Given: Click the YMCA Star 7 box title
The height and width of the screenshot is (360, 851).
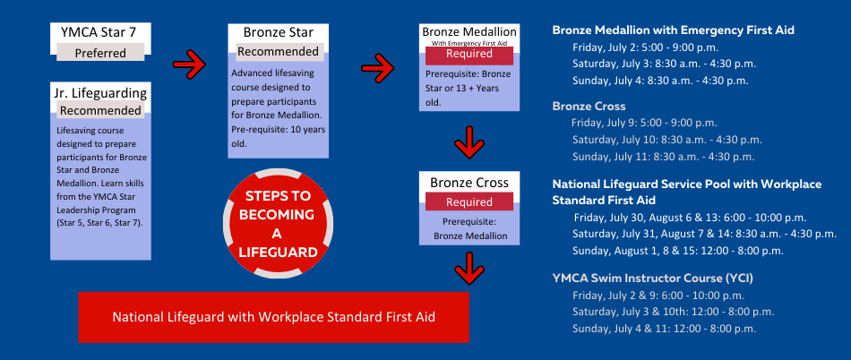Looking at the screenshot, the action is (x=99, y=32).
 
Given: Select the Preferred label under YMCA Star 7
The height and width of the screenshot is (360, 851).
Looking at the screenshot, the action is (x=100, y=53).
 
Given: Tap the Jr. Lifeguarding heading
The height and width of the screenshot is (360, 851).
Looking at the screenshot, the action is (x=100, y=93).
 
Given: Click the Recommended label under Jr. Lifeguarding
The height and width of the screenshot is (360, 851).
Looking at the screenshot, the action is (x=100, y=111).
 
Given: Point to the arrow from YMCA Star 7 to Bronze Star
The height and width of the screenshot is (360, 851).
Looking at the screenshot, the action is (x=189, y=64).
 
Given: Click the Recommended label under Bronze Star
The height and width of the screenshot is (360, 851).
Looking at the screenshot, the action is (x=279, y=52).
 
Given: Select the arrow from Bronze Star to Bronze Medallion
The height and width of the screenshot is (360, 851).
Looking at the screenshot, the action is (x=378, y=67).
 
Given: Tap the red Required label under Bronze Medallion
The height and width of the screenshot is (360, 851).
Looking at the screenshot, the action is (x=468, y=55).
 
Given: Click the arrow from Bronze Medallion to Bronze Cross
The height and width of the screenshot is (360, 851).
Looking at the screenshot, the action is (x=469, y=142).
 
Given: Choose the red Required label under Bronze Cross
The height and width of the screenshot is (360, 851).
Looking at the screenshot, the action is (x=468, y=202).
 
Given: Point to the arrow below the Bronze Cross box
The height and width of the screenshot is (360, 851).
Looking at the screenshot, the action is (x=469, y=268).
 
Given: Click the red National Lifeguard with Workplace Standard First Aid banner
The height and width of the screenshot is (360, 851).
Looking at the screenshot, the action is (x=273, y=317).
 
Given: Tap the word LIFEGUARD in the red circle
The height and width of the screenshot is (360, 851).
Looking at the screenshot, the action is (x=279, y=252).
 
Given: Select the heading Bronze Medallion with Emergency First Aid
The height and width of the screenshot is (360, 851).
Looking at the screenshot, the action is (x=673, y=30).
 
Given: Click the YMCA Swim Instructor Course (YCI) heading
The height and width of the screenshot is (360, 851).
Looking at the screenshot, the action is (x=652, y=279).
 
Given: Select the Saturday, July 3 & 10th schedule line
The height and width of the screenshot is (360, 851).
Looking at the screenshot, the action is (x=673, y=313).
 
